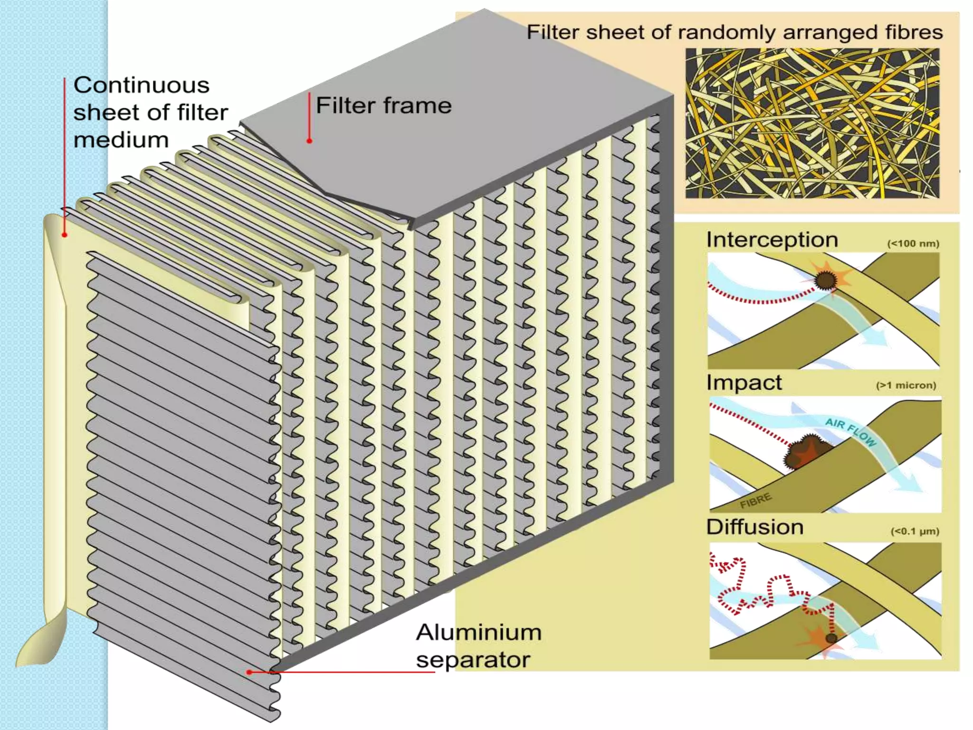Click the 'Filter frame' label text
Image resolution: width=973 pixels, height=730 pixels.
click(x=383, y=106)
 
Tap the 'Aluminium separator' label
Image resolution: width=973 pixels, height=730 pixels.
click(x=478, y=646)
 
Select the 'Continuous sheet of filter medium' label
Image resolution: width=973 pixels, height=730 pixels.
click(x=150, y=112)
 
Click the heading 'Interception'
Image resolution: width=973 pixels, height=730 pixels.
click(x=772, y=240)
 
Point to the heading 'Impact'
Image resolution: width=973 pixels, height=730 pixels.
click(x=744, y=383)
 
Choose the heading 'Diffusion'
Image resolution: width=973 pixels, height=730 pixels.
click(x=754, y=527)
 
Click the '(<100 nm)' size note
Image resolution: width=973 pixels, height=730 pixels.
click(x=913, y=244)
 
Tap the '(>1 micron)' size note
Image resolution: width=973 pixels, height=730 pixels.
click(x=906, y=385)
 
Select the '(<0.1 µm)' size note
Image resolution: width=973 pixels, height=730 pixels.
click(x=915, y=531)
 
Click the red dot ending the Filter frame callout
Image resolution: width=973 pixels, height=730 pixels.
click(x=309, y=141)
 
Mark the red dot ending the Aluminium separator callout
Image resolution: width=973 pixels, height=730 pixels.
click(x=249, y=672)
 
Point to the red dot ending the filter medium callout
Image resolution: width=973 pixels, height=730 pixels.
click(x=65, y=235)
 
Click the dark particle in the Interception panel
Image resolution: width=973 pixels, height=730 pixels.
click(x=826, y=280)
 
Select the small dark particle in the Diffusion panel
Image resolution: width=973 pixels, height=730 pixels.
click(x=831, y=638)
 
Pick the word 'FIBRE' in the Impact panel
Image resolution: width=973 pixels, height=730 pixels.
click(x=755, y=500)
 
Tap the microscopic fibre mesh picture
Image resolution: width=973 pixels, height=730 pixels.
click(x=812, y=123)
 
